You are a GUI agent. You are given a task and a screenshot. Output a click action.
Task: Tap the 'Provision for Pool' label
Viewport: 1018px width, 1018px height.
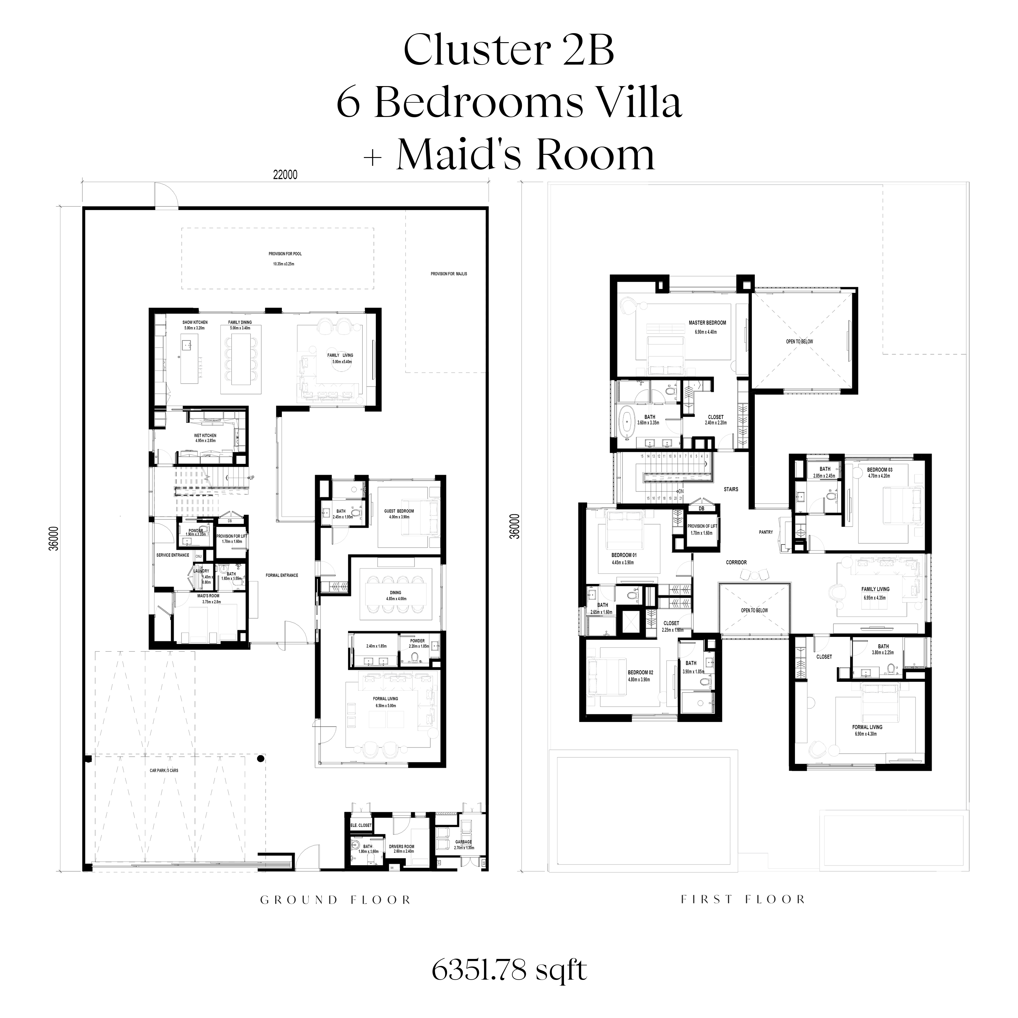pyautogui.click(x=285, y=254)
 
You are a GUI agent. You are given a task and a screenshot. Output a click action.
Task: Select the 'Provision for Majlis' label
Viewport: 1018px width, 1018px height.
pyautogui.click(x=449, y=274)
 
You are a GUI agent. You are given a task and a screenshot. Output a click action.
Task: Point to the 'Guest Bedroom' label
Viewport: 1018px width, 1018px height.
pyautogui.click(x=399, y=511)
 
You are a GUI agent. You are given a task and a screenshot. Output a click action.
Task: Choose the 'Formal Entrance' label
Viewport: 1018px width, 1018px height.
pyautogui.click(x=282, y=575)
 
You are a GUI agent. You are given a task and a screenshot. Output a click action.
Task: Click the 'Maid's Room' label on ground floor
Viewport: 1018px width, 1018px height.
pyautogui.click(x=208, y=596)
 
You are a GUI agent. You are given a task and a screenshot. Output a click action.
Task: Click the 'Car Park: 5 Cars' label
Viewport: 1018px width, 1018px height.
pyautogui.click(x=164, y=770)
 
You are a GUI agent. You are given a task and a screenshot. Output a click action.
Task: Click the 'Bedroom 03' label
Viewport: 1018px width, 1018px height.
pyautogui.click(x=880, y=469)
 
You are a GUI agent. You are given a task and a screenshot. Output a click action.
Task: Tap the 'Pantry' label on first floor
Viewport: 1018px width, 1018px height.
pyautogui.click(x=766, y=532)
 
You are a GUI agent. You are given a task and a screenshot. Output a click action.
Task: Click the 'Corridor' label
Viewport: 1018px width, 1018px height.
pyautogui.click(x=736, y=563)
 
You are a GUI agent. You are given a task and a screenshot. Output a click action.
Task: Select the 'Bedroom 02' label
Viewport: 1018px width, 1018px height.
pyautogui.click(x=640, y=672)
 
